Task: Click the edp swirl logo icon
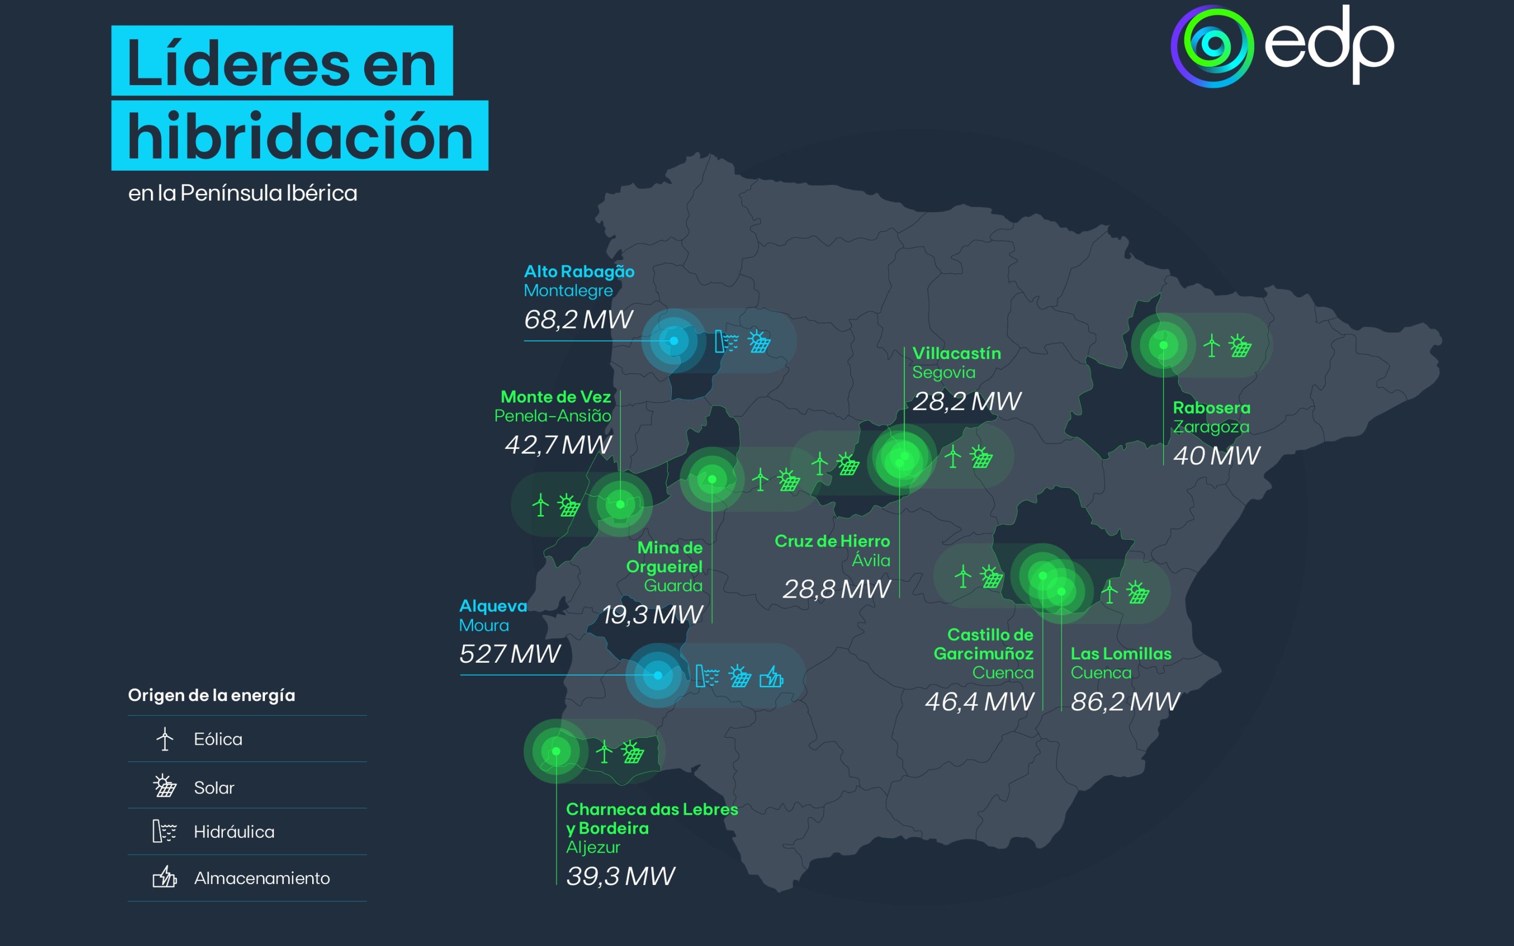point(1212,46)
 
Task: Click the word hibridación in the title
point(300,137)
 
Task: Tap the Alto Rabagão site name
point(579,272)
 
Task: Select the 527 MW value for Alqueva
point(510,654)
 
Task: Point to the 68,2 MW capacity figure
point(578,320)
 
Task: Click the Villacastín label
point(956,354)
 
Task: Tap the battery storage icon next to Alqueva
point(771,676)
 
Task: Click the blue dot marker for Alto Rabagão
point(674,341)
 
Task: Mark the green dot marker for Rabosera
point(1163,345)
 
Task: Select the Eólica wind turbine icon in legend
point(165,739)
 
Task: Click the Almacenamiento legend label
point(261,878)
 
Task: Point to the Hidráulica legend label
point(234,832)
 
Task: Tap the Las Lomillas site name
point(1120,654)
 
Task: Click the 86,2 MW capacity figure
point(1125,702)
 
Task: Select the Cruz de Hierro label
point(832,541)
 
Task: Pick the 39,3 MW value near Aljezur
point(620,876)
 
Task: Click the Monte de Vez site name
point(556,397)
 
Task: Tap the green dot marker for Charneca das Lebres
point(556,751)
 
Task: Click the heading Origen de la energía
point(211,695)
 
